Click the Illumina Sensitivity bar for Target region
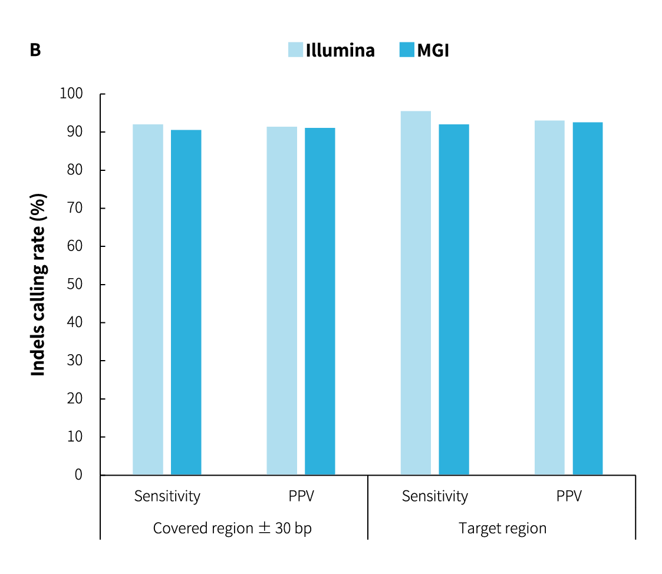(x=416, y=293)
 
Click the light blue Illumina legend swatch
(x=295, y=50)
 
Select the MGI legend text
(x=433, y=51)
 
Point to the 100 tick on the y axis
(x=71, y=94)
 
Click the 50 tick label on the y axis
(x=75, y=284)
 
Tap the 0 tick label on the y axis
(x=78, y=475)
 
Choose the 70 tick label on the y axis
(x=75, y=208)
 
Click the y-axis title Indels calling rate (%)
(x=38, y=284)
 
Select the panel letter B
(x=35, y=51)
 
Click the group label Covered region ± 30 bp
(x=232, y=528)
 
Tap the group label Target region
(x=502, y=528)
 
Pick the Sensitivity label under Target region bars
(x=435, y=496)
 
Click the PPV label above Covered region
(x=301, y=496)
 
